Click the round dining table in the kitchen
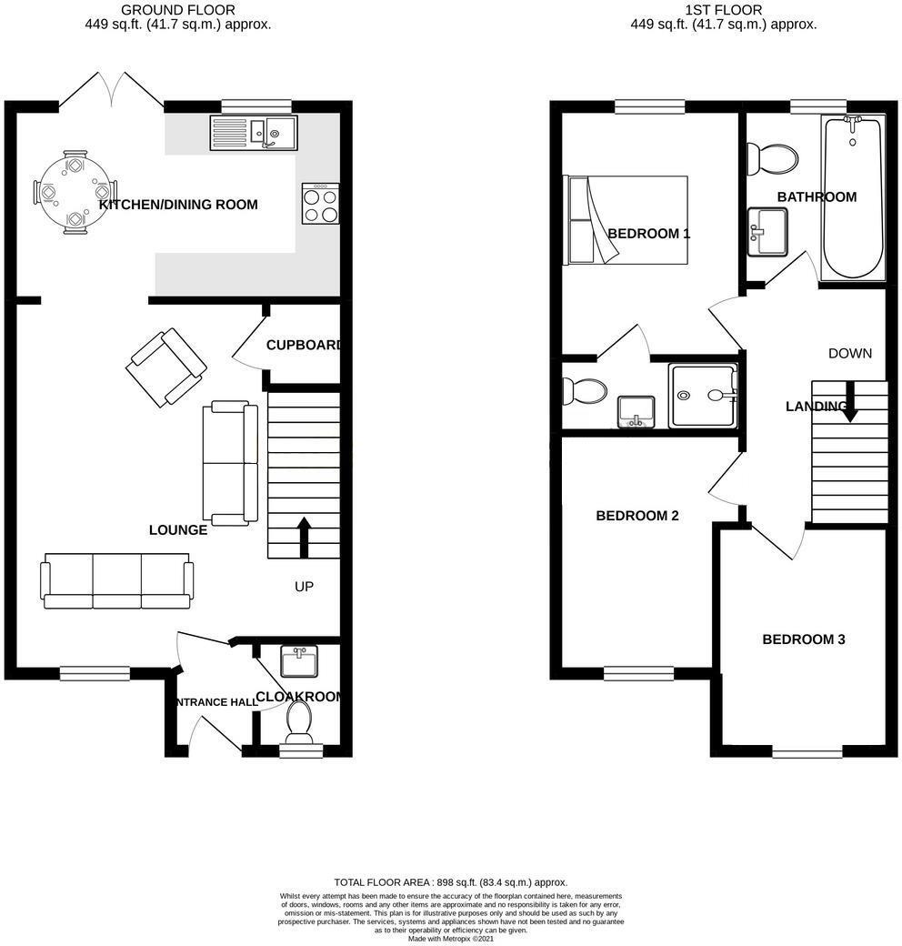click(x=75, y=193)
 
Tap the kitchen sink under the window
click(x=253, y=132)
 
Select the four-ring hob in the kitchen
click(x=320, y=204)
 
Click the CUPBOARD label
click(x=304, y=346)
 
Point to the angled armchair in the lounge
click(x=166, y=367)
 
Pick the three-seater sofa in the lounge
click(x=116, y=580)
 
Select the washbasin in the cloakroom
click(x=299, y=661)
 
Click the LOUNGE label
click(x=178, y=529)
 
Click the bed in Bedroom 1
click(x=627, y=220)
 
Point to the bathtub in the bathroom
click(x=852, y=198)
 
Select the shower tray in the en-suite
click(x=703, y=396)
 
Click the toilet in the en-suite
click(x=582, y=392)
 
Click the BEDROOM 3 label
click(x=803, y=639)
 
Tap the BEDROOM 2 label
click(x=636, y=516)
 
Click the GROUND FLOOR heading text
click(x=177, y=10)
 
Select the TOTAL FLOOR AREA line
click(x=450, y=882)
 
